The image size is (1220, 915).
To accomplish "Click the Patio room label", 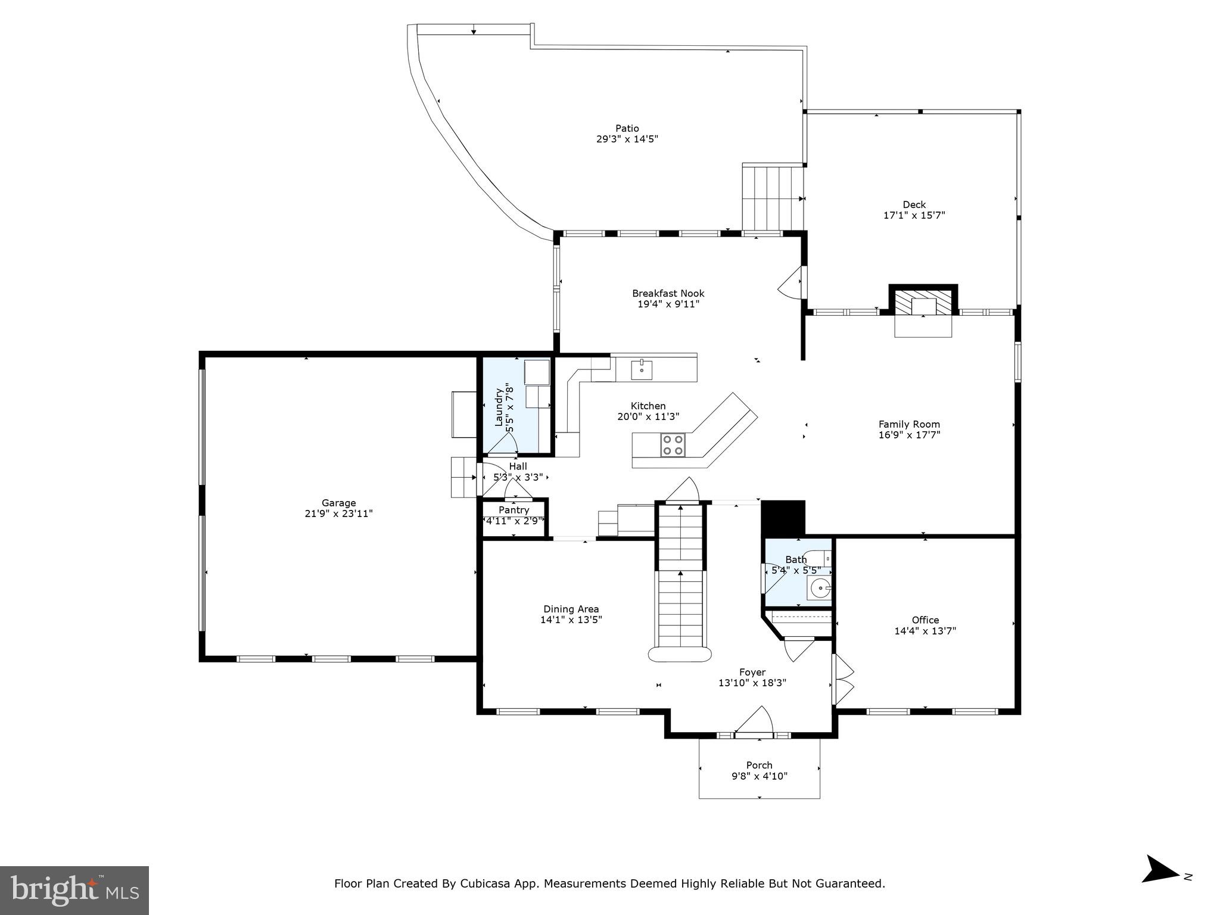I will point(627,128).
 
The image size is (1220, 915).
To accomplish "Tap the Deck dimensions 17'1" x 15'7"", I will point(914,216).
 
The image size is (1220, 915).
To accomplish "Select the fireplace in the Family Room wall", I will point(923,303).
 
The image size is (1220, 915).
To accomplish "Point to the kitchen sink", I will point(642,369).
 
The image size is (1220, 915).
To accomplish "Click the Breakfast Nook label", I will point(668,293).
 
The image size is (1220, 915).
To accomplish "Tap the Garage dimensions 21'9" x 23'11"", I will point(338,513).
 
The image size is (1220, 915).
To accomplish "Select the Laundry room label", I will point(499,407).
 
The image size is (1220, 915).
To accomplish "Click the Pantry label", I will point(513,510).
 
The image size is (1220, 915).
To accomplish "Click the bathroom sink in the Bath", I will point(820,589).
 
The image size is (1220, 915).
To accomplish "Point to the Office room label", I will point(925,620).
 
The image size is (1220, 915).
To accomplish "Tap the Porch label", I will point(759,765).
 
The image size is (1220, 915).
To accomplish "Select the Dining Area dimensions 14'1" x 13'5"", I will point(571,620).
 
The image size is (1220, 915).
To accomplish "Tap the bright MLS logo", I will point(74,890).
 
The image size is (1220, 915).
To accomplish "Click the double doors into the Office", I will point(842,679).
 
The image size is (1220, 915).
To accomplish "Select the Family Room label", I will point(909,424).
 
